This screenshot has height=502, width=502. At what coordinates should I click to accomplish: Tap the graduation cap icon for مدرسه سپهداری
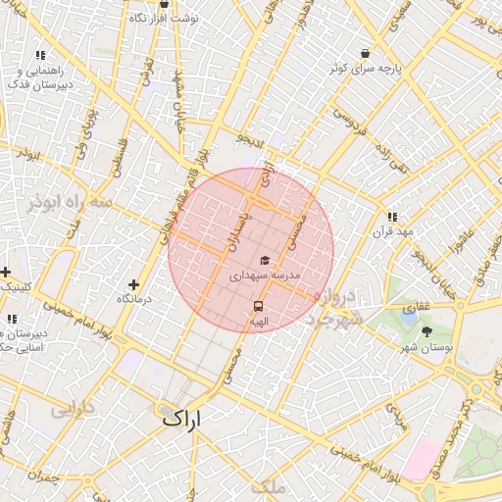(265, 261)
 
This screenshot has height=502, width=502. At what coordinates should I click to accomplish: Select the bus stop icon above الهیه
(259, 306)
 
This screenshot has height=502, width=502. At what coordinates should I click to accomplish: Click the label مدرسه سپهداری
(265, 277)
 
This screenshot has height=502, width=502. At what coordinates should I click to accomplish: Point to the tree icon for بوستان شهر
(426, 332)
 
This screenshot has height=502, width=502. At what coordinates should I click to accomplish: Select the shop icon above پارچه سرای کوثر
(365, 52)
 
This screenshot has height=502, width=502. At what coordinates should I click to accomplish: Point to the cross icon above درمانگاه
(133, 284)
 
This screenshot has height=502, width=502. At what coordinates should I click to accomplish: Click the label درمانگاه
(134, 298)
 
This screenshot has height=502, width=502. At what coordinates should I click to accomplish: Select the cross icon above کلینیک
(6, 272)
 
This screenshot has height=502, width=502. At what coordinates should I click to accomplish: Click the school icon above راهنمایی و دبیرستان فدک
(40, 56)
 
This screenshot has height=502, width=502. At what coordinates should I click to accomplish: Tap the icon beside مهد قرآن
(392, 217)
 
